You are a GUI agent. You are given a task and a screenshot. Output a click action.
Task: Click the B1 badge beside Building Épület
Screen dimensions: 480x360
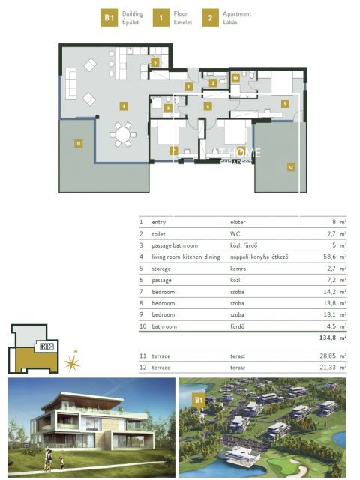coord(110,18)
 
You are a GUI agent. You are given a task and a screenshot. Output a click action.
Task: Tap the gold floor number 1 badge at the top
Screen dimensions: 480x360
coord(159,18)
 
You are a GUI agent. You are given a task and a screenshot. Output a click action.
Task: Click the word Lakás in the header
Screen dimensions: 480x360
coord(231,22)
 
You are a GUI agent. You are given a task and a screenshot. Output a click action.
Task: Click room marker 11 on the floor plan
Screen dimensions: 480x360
coord(77,142)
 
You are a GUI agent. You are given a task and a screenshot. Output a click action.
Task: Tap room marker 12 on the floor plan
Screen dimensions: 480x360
coord(289,167)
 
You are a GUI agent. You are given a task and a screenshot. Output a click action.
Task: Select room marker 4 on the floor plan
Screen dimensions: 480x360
coord(123,106)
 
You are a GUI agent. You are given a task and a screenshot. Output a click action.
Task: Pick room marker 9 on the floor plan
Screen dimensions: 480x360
coord(285,103)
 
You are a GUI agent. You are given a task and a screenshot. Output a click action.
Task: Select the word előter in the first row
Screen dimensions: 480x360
coord(238,223)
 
